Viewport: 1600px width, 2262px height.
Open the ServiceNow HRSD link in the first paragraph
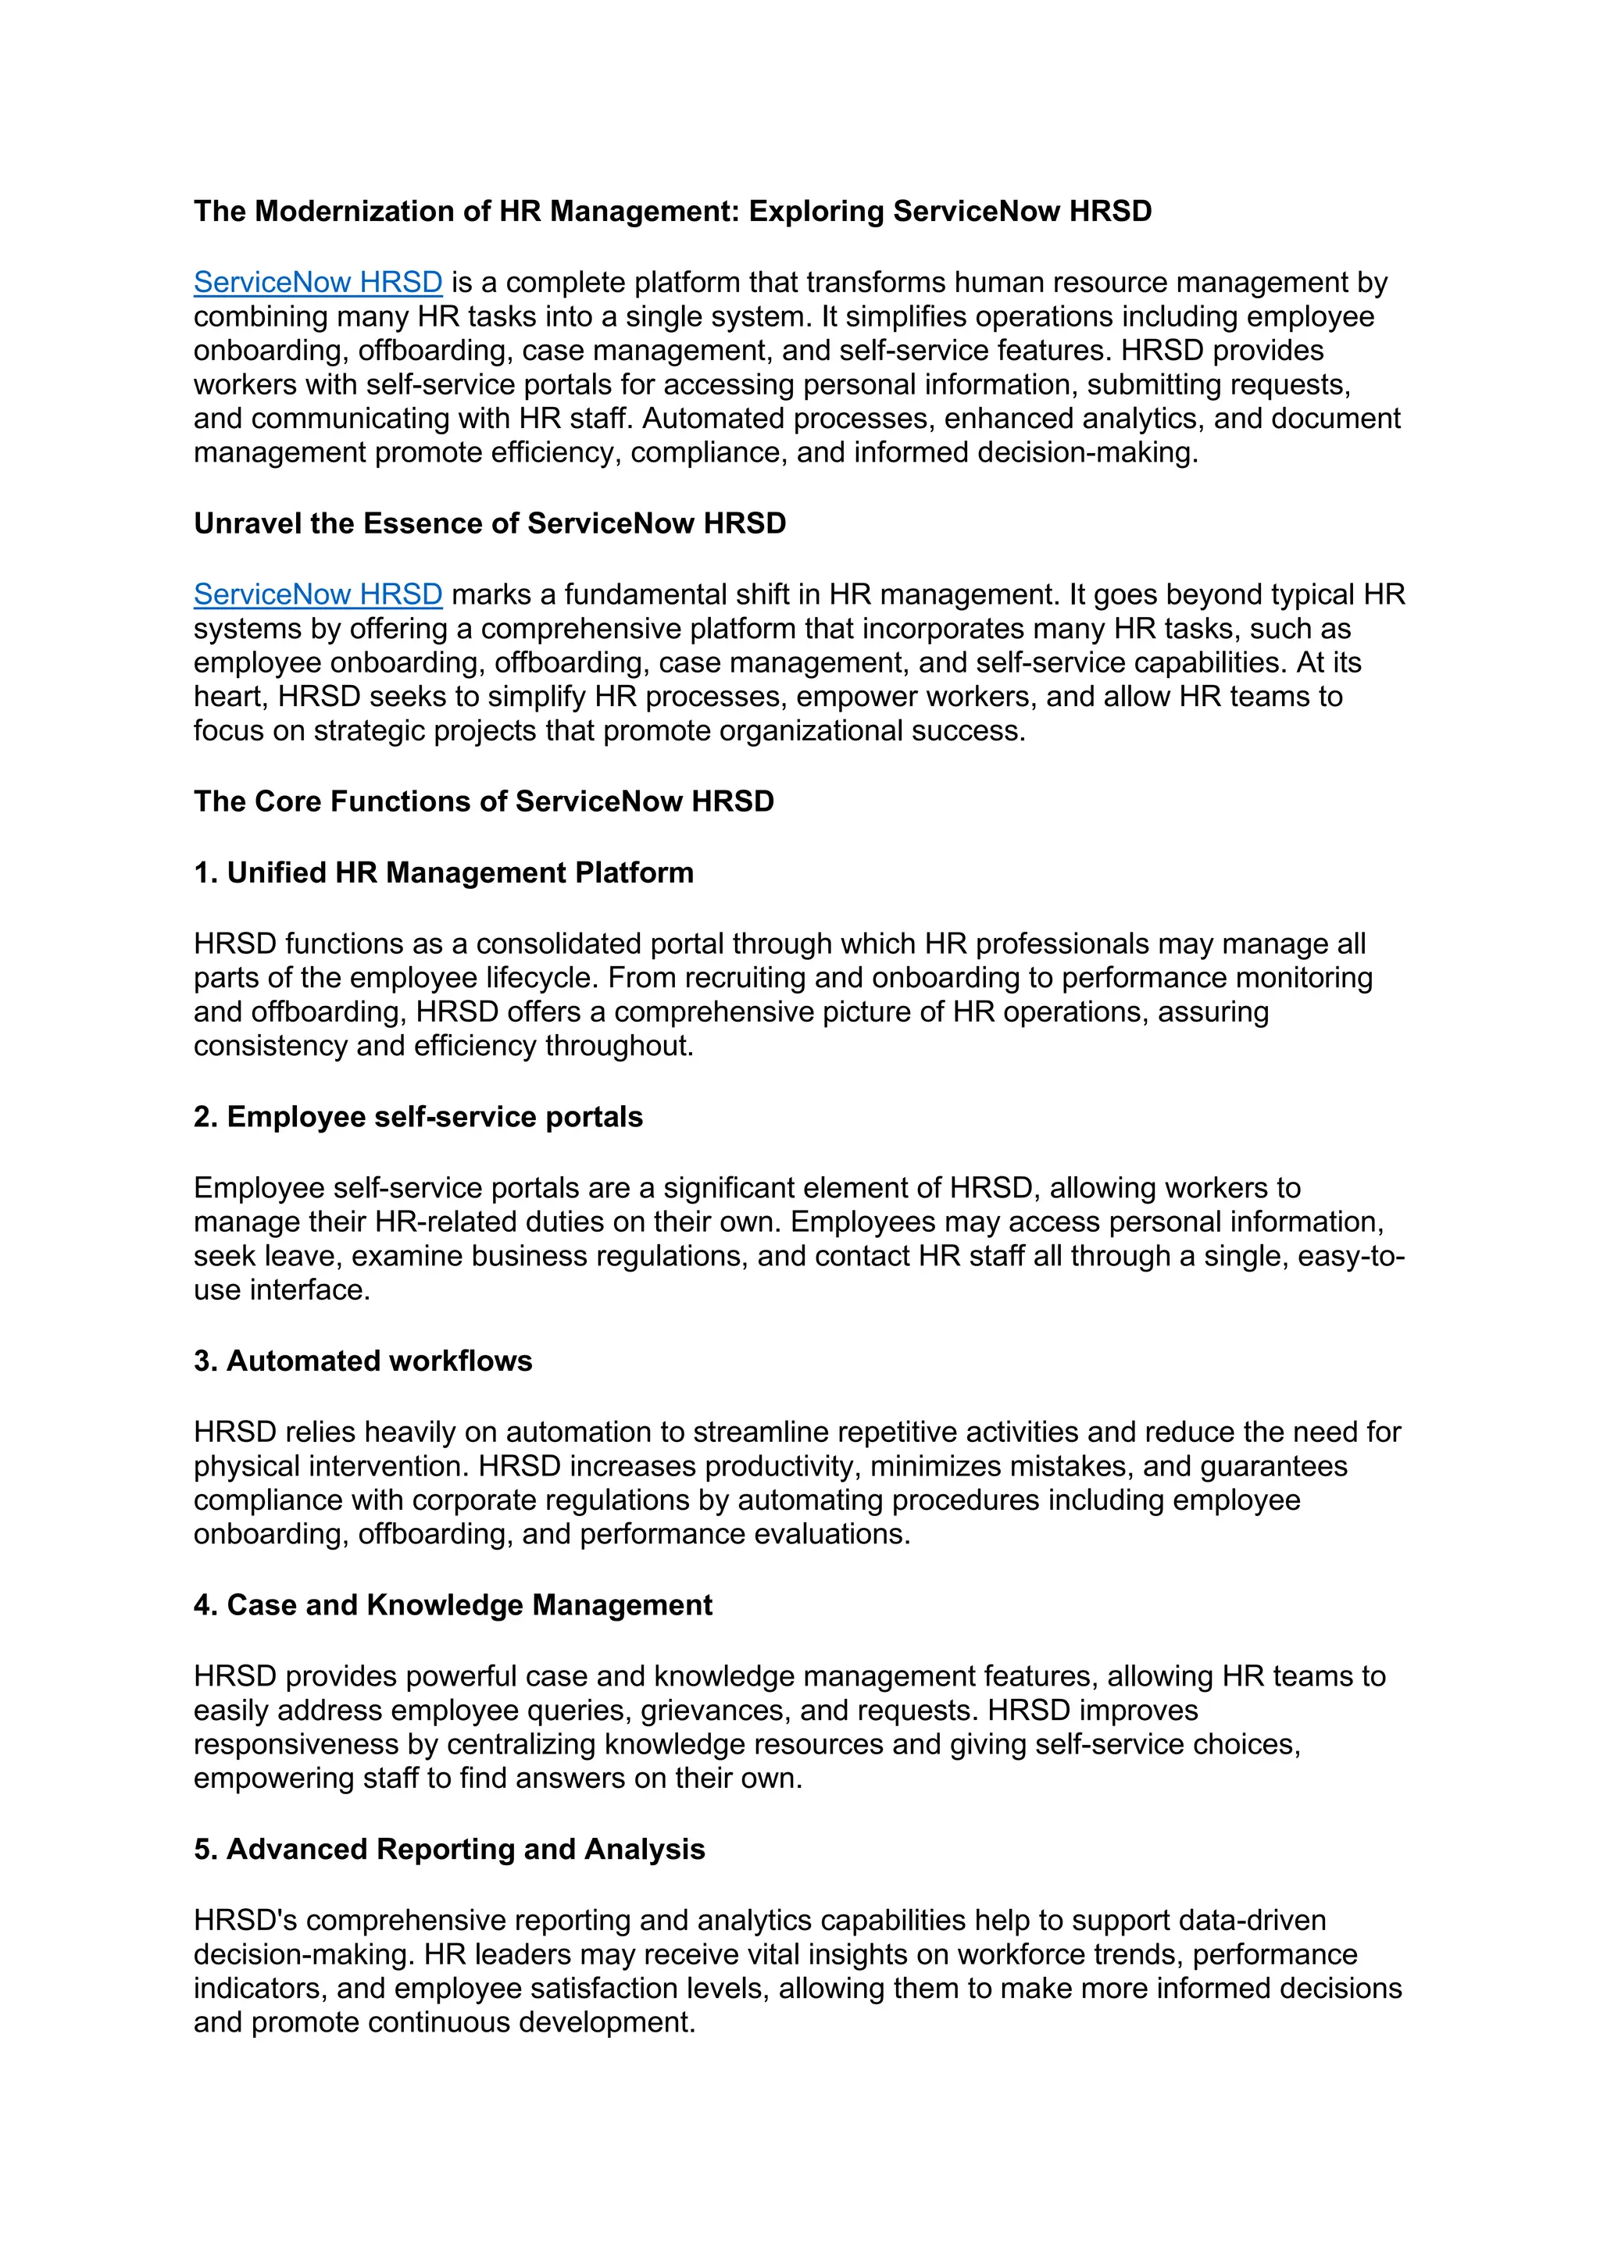[317, 283]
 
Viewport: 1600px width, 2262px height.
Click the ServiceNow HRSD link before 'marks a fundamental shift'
[317, 595]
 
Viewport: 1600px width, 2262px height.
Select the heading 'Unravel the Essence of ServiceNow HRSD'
[490, 524]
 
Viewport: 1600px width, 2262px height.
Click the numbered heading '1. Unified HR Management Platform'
[443, 873]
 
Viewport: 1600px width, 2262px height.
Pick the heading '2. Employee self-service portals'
[418, 1117]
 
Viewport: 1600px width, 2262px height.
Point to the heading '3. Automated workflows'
[362, 1361]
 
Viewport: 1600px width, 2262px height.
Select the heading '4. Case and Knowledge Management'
[452, 1606]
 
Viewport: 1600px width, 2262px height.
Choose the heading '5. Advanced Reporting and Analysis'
[449, 1850]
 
